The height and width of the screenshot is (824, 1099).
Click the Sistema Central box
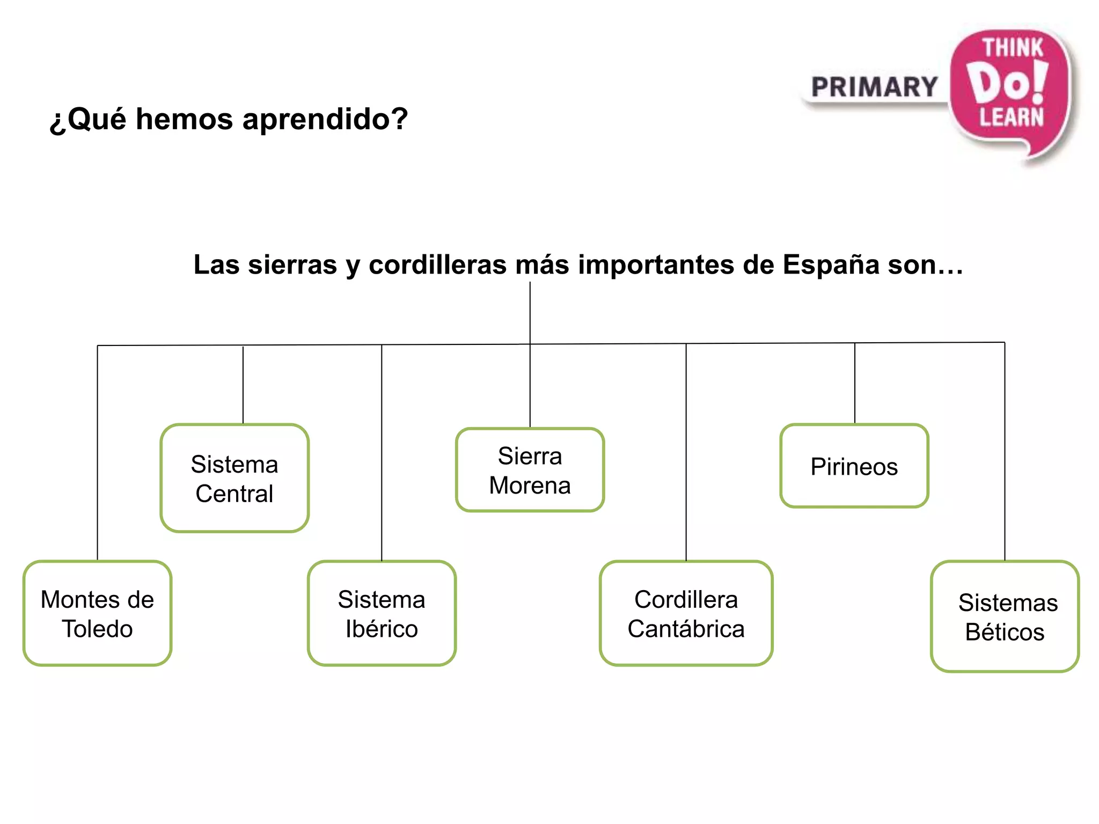pos(235,478)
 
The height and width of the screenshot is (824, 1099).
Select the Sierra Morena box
pos(530,470)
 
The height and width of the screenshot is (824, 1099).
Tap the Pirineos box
pos(854,466)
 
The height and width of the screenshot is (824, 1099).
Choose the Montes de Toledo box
pos(97,613)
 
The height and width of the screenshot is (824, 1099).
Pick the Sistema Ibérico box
pos(382,613)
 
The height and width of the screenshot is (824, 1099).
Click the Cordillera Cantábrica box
pos(686,613)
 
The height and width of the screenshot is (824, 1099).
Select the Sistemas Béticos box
pos(1005,616)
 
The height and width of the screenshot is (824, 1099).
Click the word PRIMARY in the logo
pos(874,87)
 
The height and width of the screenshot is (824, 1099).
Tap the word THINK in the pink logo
pos(1012,48)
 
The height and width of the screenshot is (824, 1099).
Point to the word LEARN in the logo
pos(1012,117)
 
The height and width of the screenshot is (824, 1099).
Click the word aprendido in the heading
pos(325,119)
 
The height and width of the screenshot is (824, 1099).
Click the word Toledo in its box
pos(97,629)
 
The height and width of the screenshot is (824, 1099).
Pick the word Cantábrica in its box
pos(686,629)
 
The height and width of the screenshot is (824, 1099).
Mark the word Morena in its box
pos(530,485)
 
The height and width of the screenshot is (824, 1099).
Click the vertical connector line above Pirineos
pos(854,384)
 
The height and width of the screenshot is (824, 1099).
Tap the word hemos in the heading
pos(185,119)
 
